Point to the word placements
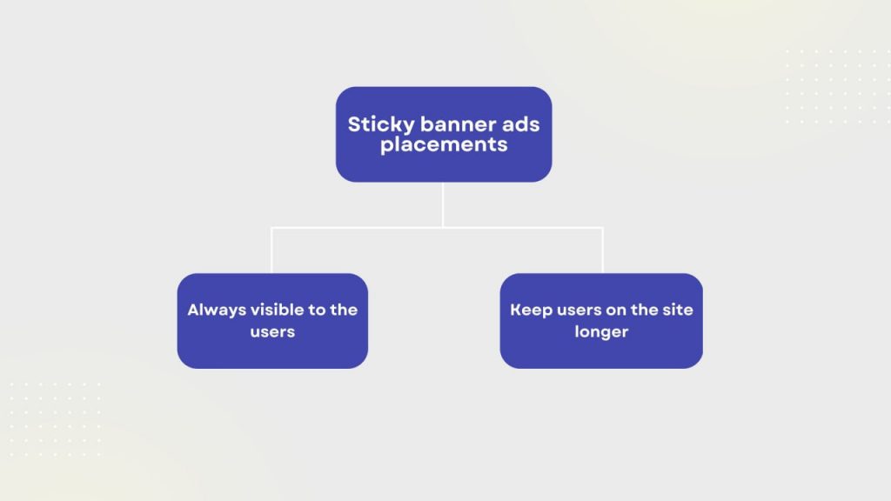(x=444, y=145)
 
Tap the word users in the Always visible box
(x=272, y=331)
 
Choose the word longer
(x=601, y=332)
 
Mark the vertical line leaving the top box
(x=443, y=204)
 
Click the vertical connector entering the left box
(x=271, y=250)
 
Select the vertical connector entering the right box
(x=602, y=250)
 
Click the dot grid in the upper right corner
(x=838, y=86)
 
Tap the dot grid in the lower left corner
(x=55, y=419)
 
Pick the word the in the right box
(x=644, y=310)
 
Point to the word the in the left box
(x=344, y=310)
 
